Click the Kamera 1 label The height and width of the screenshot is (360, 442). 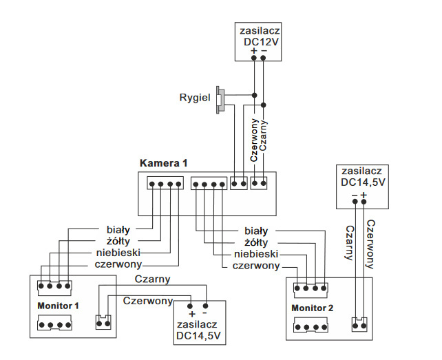tap(163, 164)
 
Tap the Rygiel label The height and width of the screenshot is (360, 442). tap(194, 97)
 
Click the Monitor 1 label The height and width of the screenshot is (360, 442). tap(59, 305)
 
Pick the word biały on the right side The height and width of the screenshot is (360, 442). tap(256, 231)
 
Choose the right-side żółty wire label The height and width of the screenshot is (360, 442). tap(255, 243)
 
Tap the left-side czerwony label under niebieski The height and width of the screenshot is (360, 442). tap(118, 264)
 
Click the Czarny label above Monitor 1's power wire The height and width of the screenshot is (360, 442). tap(152, 279)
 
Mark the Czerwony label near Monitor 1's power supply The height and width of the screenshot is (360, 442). tap(147, 301)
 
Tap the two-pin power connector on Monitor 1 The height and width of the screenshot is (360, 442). tap(103, 321)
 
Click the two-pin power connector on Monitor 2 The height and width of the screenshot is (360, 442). tap(357, 324)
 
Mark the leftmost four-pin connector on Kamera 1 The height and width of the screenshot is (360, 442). tap(165, 184)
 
